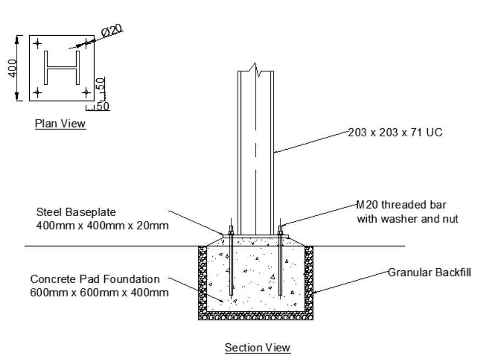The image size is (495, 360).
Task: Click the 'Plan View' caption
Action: pos(60,124)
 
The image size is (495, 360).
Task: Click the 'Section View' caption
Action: pos(258,348)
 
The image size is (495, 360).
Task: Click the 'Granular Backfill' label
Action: pos(430,272)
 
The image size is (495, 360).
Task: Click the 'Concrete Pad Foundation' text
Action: pos(95,279)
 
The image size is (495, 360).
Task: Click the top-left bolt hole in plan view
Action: pos(37,43)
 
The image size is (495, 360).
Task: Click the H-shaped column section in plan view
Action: pos(62,68)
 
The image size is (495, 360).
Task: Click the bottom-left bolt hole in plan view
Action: pos(37,92)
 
